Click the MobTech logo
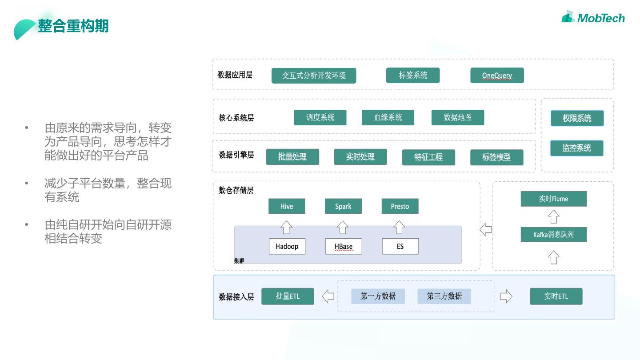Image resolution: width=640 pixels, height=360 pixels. (x=593, y=17)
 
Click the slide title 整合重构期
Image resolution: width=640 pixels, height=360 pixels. (x=73, y=26)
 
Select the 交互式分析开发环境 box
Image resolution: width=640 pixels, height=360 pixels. (x=314, y=76)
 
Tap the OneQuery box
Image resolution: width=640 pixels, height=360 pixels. (x=497, y=76)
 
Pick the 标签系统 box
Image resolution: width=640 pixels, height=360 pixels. (x=413, y=76)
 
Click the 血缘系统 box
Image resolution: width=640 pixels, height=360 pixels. (x=388, y=118)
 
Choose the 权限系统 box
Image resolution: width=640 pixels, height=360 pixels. (x=577, y=118)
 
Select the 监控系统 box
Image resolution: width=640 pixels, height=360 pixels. (x=576, y=148)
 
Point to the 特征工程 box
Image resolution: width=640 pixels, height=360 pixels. (x=428, y=157)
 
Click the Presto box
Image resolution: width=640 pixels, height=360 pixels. (x=400, y=206)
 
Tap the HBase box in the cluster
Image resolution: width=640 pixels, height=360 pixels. (x=344, y=246)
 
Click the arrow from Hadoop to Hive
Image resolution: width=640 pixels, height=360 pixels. (x=287, y=227)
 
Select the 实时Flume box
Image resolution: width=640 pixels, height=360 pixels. (x=553, y=199)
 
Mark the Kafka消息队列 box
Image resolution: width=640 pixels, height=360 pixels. (x=553, y=235)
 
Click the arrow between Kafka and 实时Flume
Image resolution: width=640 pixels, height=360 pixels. (x=553, y=217)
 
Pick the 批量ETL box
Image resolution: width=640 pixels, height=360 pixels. (x=288, y=296)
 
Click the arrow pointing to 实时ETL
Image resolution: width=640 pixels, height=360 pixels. (x=506, y=296)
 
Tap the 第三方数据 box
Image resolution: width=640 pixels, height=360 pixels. (x=444, y=296)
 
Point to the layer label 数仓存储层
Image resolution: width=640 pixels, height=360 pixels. (x=236, y=191)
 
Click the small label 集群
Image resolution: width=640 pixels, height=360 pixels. (x=239, y=261)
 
